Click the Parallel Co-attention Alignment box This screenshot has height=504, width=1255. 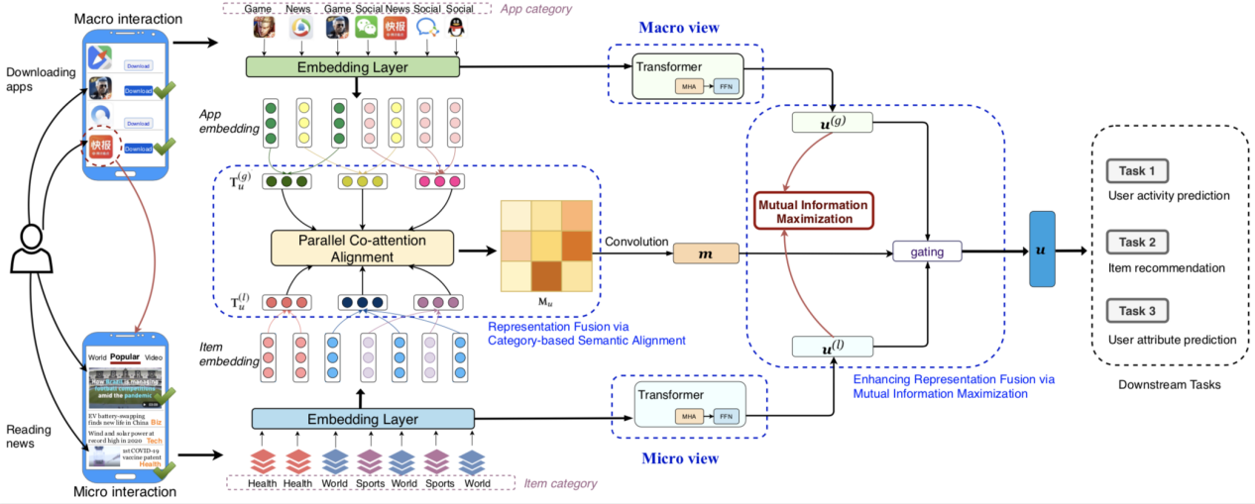[x=362, y=248]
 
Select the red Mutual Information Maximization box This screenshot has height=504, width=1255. [x=813, y=212]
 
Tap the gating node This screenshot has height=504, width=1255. [x=928, y=252]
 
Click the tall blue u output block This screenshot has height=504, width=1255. [x=1042, y=250]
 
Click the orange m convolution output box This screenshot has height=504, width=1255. [x=706, y=253]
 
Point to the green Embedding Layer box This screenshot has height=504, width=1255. [x=354, y=67]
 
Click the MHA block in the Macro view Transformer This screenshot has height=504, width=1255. [x=689, y=86]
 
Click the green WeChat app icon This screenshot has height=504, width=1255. [x=367, y=28]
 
